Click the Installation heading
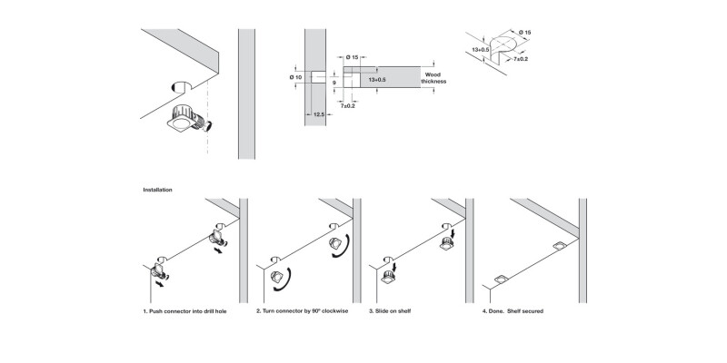158,190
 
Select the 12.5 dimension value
318,114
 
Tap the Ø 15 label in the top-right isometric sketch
525,33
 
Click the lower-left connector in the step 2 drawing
278,273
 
